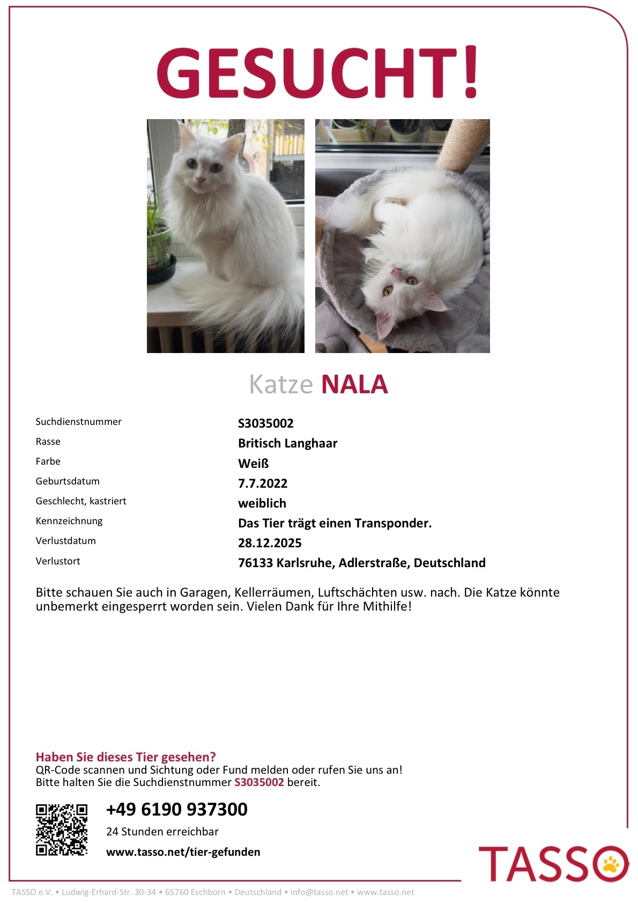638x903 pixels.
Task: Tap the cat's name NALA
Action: [x=354, y=385]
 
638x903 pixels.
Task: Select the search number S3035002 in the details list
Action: [x=265, y=423]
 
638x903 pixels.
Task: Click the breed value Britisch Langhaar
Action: [x=287, y=443]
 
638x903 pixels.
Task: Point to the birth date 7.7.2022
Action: [x=262, y=483]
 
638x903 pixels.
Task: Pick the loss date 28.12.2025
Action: [x=270, y=543]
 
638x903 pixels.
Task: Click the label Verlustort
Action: [x=58, y=561]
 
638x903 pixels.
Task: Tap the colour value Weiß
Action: [x=253, y=464]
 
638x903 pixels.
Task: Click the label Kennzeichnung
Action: [x=69, y=521]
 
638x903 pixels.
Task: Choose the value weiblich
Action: [x=262, y=503]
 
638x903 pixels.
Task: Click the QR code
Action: [x=61, y=829]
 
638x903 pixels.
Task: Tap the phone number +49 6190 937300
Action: [x=176, y=809]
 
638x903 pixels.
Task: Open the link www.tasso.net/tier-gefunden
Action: [x=183, y=852]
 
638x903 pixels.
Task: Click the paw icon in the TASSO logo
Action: [x=612, y=863]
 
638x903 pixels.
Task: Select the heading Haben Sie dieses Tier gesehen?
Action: [x=125, y=757]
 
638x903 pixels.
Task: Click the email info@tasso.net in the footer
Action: [x=319, y=892]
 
